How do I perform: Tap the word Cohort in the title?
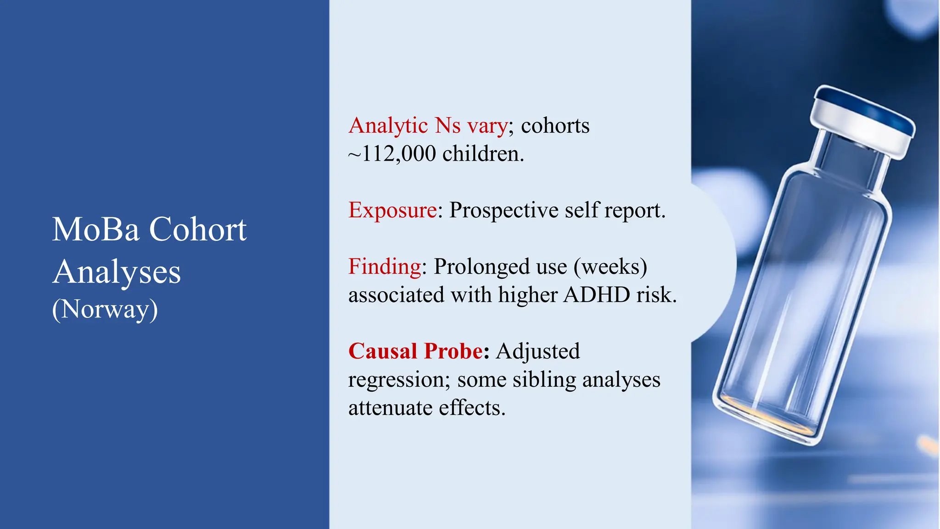pos(198,230)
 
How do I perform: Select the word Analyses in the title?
pos(117,272)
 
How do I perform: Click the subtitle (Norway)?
pos(105,310)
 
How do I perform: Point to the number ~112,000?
pos(392,154)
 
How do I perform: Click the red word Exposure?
pos(392,210)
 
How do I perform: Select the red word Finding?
pos(385,267)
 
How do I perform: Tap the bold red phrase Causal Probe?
pos(415,351)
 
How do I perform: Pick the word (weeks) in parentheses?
pos(610,267)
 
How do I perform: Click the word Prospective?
pos(504,210)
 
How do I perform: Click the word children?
pos(482,154)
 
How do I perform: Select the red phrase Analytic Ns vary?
pos(428,126)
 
